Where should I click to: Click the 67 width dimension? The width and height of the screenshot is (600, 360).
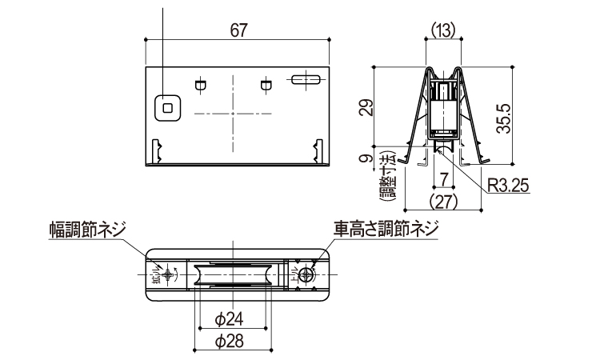238,30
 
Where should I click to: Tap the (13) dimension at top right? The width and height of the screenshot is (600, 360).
443,29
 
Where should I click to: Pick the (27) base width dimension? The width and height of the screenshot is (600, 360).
443,200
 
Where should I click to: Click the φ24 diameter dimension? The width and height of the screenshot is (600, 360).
230,319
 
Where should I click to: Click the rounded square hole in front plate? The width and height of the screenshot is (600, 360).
167,106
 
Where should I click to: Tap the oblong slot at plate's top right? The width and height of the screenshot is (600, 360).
306,80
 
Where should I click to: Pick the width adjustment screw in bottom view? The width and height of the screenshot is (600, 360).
166,274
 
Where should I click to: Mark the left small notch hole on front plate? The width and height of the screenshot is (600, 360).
200,83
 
